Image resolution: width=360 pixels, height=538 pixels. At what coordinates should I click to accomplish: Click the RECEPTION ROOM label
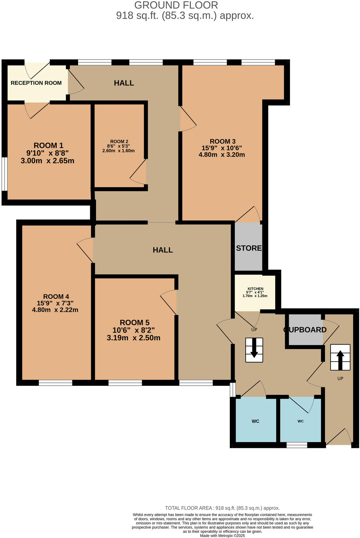tap(36, 83)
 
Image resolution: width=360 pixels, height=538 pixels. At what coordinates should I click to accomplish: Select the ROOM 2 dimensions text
tap(119, 148)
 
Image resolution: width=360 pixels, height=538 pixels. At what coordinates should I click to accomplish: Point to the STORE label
tap(249, 248)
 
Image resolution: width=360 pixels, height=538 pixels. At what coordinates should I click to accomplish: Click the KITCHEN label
tap(255, 289)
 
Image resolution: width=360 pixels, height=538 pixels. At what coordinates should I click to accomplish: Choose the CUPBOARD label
tap(305, 330)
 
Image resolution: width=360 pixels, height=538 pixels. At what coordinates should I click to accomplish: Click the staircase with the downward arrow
tap(254, 350)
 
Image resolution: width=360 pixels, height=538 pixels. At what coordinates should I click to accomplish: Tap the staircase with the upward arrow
tap(340, 357)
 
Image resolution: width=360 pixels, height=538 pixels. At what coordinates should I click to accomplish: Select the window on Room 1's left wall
tap(4, 174)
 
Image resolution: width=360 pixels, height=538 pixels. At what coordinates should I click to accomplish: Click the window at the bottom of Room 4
tap(56, 383)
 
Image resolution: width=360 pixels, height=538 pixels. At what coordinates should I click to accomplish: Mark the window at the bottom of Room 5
tap(125, 383)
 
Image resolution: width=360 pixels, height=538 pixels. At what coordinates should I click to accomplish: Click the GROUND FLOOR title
tap(176, 5)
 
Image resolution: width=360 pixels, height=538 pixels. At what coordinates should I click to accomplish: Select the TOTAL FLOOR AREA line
tap(222, 508)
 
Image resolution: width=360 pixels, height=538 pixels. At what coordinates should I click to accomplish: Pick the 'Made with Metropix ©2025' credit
tap(222, 535)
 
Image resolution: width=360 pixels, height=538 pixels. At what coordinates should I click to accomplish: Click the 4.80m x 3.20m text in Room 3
tap(222, 155)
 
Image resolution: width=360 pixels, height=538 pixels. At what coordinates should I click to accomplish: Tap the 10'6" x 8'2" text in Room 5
tap(134, 330)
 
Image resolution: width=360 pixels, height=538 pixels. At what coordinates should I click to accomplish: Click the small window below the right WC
tap(297, 445)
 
